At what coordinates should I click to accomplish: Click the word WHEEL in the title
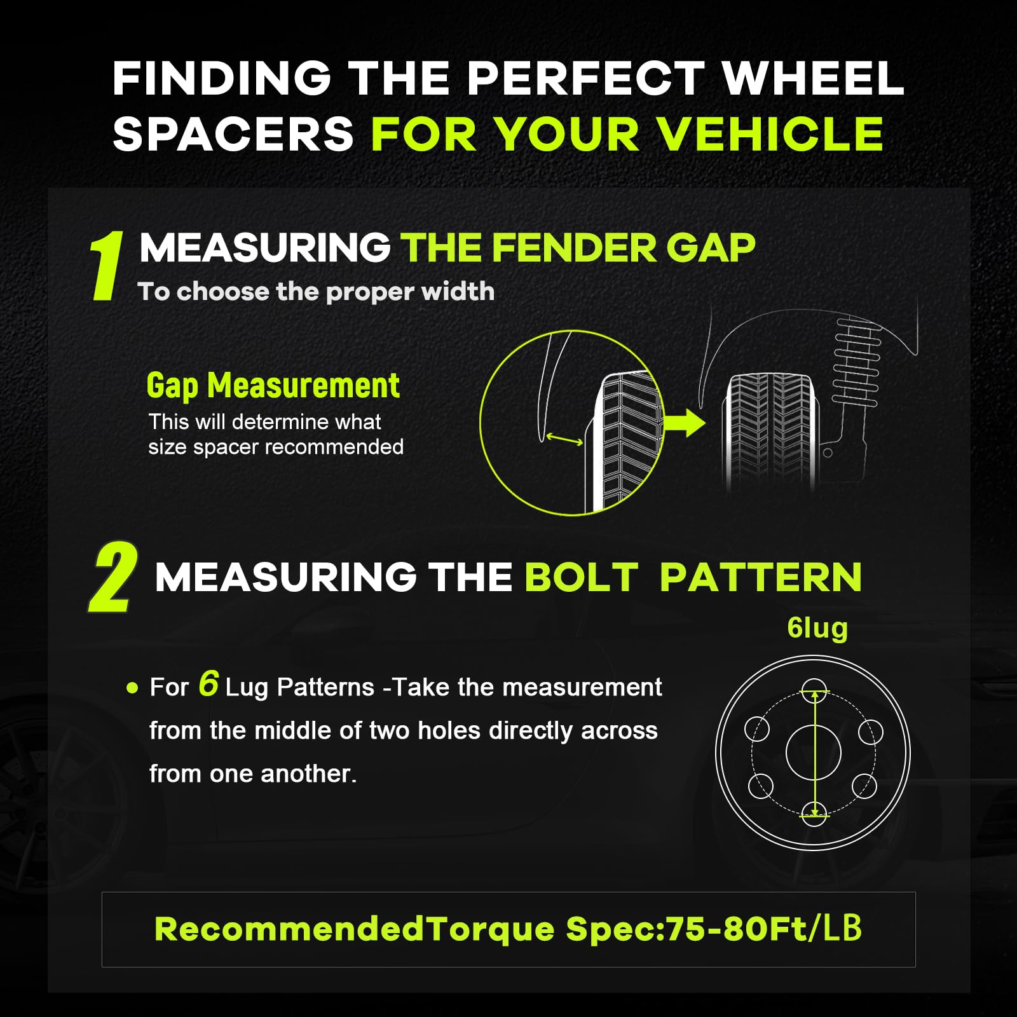[x=813, y=79]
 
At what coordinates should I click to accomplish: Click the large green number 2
[x=113, y=577]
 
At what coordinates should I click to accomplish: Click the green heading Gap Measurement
[x=273, y=386]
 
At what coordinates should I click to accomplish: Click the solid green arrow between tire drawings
[x=684, y=423]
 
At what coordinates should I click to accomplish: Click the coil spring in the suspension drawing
[x=857, y=358]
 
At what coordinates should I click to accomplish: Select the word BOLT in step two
[x=581, y=577]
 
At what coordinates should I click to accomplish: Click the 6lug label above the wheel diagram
[x=817, y=628]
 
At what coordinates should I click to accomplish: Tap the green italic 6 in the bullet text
[x=208, y=684]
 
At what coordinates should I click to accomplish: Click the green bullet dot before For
[x=132, y=688]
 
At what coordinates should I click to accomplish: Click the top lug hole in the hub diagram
[x=814, y=692]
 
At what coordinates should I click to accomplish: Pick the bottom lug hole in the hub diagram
[x=814, y=814]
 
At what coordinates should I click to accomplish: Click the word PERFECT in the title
[x=585, y=79]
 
